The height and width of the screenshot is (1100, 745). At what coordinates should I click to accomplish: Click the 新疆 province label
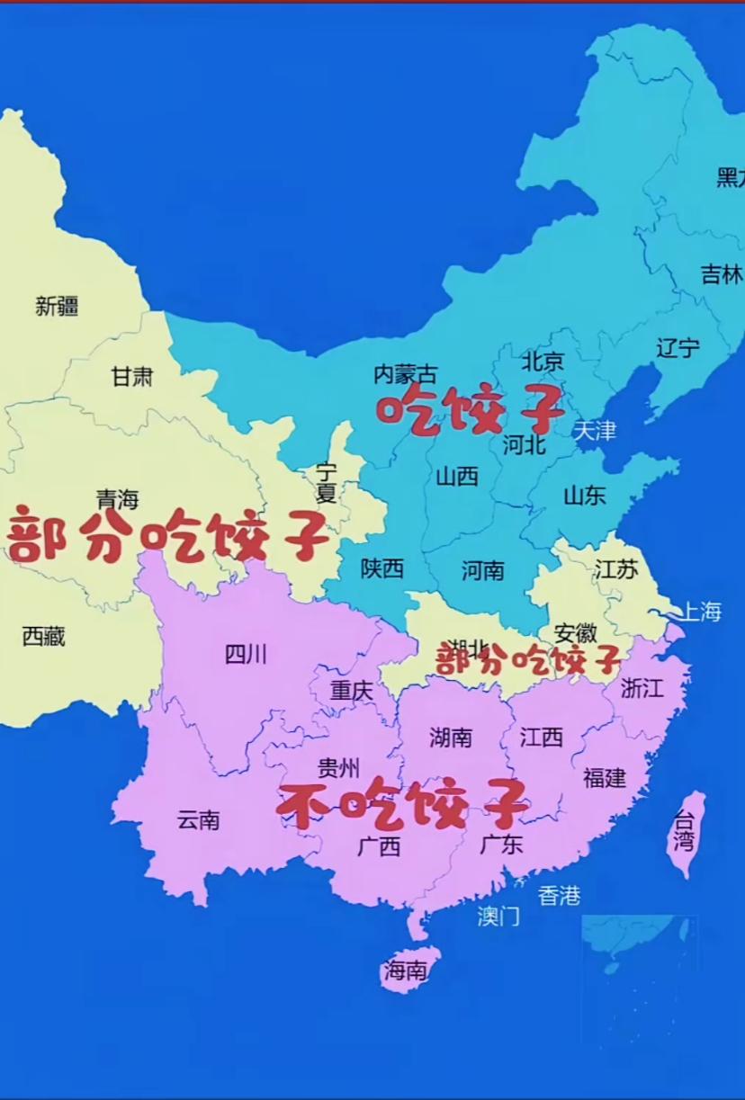tap(57, 307)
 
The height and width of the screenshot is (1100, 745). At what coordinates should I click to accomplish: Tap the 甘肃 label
tap(132, 377)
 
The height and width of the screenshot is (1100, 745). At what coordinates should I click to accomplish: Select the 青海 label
tap(118, 499)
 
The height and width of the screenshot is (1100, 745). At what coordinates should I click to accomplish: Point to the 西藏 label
tap(44, 637)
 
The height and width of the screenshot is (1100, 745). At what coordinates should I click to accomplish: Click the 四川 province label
tap(246, 655)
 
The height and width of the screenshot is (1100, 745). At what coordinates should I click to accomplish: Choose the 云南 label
tap(198, 820)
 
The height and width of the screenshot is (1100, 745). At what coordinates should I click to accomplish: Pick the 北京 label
tap(543, 362)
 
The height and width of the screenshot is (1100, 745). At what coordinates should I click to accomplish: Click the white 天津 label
tap(595, 431)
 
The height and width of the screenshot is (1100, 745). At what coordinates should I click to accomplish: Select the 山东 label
tap(585, 495)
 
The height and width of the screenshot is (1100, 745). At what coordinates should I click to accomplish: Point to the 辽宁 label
tap(678, 348)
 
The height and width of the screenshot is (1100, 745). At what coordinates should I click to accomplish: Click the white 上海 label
tap(700, 613)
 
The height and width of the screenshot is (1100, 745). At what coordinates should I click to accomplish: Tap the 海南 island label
tap(406, 970)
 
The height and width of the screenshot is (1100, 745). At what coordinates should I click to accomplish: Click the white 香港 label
tap(559, 896)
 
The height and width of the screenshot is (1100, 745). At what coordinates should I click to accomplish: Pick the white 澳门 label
tap(498, 917)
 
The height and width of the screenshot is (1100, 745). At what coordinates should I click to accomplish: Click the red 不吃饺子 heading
tap(402, 803)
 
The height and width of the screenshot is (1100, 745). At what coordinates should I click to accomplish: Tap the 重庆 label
tap(351, 691)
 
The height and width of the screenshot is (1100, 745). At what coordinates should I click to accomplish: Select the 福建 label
tap(605, 778)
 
